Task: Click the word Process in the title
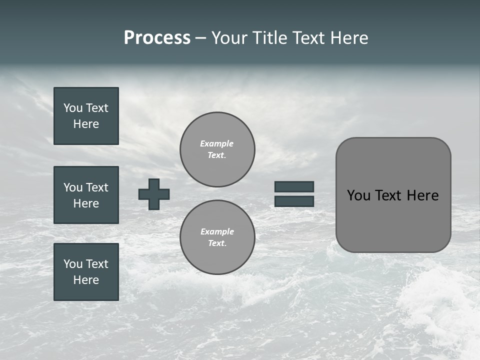[157, 38]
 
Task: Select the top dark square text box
[86, 116]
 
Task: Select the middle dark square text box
[86, 195]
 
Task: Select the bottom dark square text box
[86, 272]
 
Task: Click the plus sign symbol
[154, 194]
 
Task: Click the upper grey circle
[217, 149]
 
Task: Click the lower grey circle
[217, 237]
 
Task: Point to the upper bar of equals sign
[294, 186]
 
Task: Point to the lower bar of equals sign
[294, 201]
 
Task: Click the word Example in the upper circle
[216, 143]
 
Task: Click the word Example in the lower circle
[217, 231]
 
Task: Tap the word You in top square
[73, 108]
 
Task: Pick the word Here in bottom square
[86, 280]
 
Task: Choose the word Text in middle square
[96, 187]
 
